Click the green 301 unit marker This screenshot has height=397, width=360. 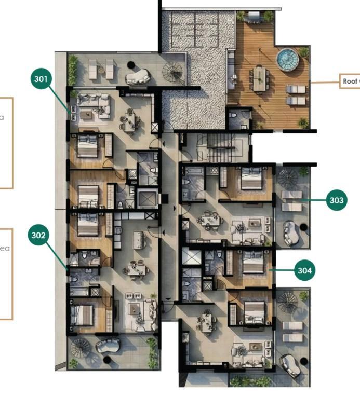pos(41,79)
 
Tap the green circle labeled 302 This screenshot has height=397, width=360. pos(38,235)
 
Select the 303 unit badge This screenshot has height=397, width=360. pos(336,200)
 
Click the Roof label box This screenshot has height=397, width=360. pos(350,81)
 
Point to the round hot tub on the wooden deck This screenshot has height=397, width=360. pos(286,59)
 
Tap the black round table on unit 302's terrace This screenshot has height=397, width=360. pos(107,360)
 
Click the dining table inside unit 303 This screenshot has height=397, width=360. pos(210,221)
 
